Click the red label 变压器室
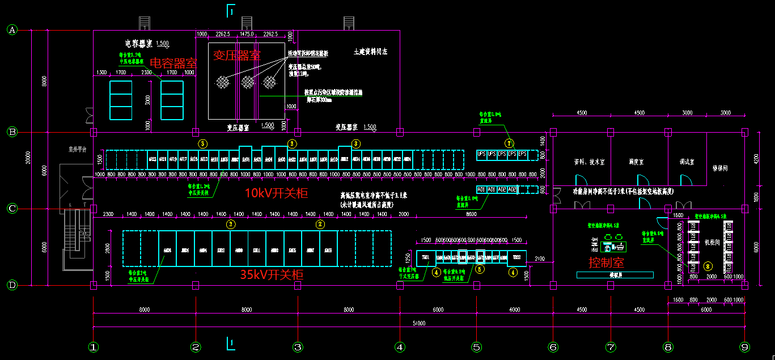pyautogui.click(x=237, y=55)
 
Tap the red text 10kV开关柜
pyautogui.click(x=276, y=193)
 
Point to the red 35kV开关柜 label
pyautogui.click(x=272, y=275)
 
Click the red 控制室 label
pyautogui.click(x=606, y=262)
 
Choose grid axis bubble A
pyautogui.click(x=12, y=30)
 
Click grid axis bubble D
pyautogui.click(x=12, y=285)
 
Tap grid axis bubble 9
pyautogui.click(x=744, y=346)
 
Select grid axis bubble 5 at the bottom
pyautogui.click(x=476, y=346)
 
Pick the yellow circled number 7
pyautogui.click(x=509, y=143)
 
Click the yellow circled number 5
pyautogui.click(x=480, y=271)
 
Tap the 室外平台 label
pyautogui.click(x=77, y=150)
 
